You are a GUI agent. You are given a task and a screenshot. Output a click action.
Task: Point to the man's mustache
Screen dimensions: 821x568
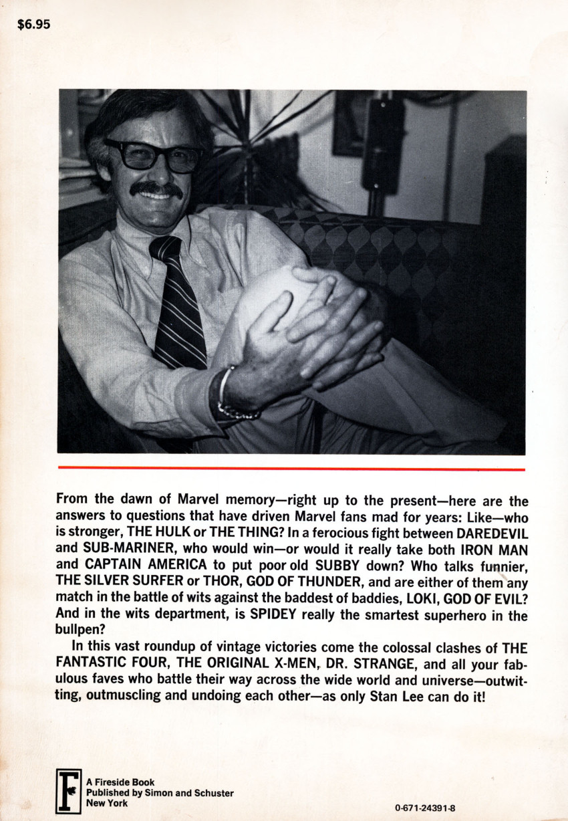(156, 189)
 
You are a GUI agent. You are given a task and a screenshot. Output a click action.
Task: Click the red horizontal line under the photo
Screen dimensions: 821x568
(291, 469)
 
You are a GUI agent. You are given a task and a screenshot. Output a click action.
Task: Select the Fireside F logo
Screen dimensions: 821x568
(68, 792)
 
